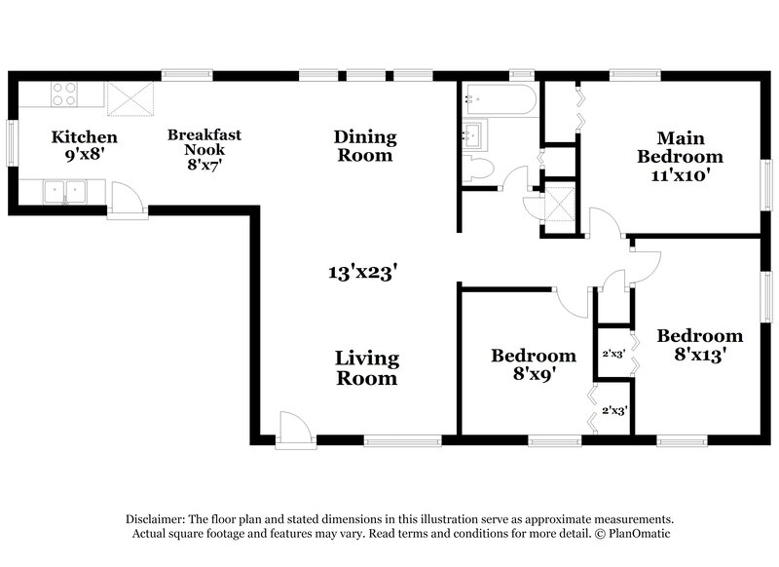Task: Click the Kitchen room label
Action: (x=85, y=137)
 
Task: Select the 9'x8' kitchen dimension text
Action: (x=85, y=156)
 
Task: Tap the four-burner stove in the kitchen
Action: (x=64, y=94)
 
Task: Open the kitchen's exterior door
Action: (x=127, y=202)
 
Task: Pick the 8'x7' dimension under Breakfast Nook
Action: (x=204, y=166)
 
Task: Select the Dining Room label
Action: (x=363, y=145)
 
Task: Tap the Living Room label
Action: (x=366, y=368)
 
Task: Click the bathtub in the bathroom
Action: (x=500, y=98)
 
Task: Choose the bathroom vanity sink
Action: (x=476, y=133)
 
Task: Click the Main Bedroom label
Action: (x=679, y=147)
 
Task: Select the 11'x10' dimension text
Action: (x=680, y=176)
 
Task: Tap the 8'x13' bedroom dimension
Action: (x=698, y=356)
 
